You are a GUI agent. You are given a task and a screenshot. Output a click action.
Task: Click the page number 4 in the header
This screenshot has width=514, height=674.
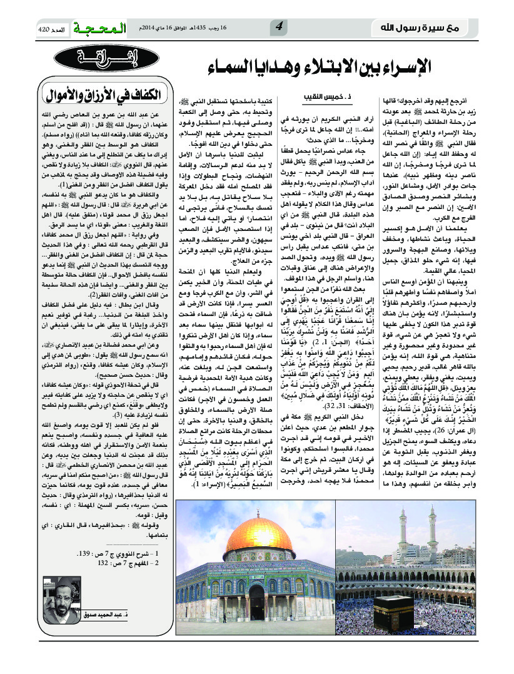(280, 26)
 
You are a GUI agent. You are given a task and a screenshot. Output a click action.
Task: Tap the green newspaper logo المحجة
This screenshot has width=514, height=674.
(99, 29)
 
